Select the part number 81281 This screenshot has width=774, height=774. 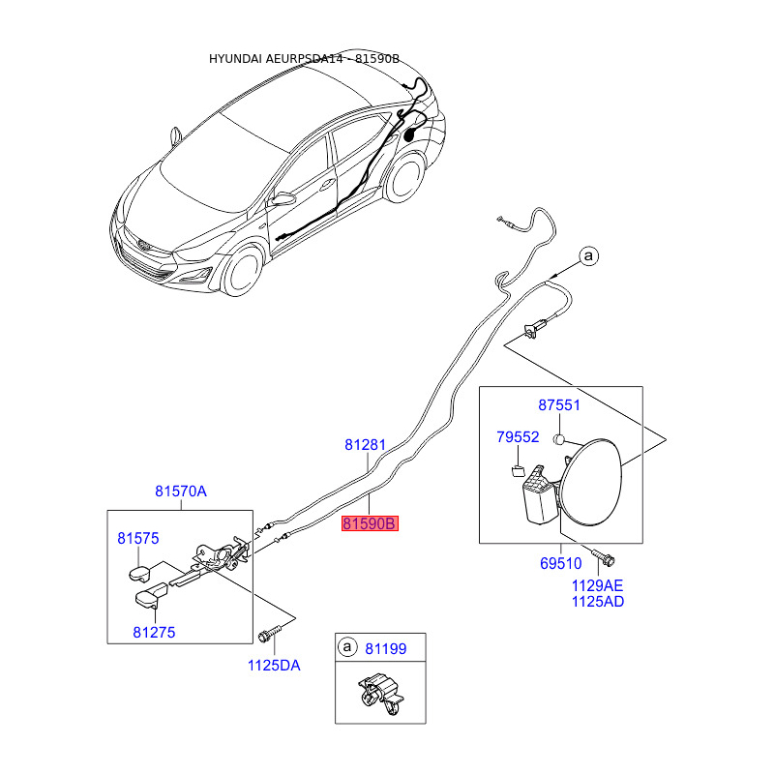(x=366, y=446)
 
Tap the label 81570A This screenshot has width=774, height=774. (x=181, y=491)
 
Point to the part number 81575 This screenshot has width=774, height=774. (x=138, y=538)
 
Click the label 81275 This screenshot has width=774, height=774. (x=155, y=632)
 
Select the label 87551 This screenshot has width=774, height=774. (x=559, y=405)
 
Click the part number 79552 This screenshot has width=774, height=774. (x=518, y=437)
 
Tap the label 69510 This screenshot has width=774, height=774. (x=560, y=562)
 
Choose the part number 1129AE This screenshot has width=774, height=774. (x=597, y=584)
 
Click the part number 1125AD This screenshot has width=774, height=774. (x=597, y=602)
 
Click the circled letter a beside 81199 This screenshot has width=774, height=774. (x=346, y=647)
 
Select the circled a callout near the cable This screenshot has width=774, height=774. (x=589, y=256)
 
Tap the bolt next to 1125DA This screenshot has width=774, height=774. (x=267, y=636)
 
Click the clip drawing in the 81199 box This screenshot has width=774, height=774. (x=378, y=694)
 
